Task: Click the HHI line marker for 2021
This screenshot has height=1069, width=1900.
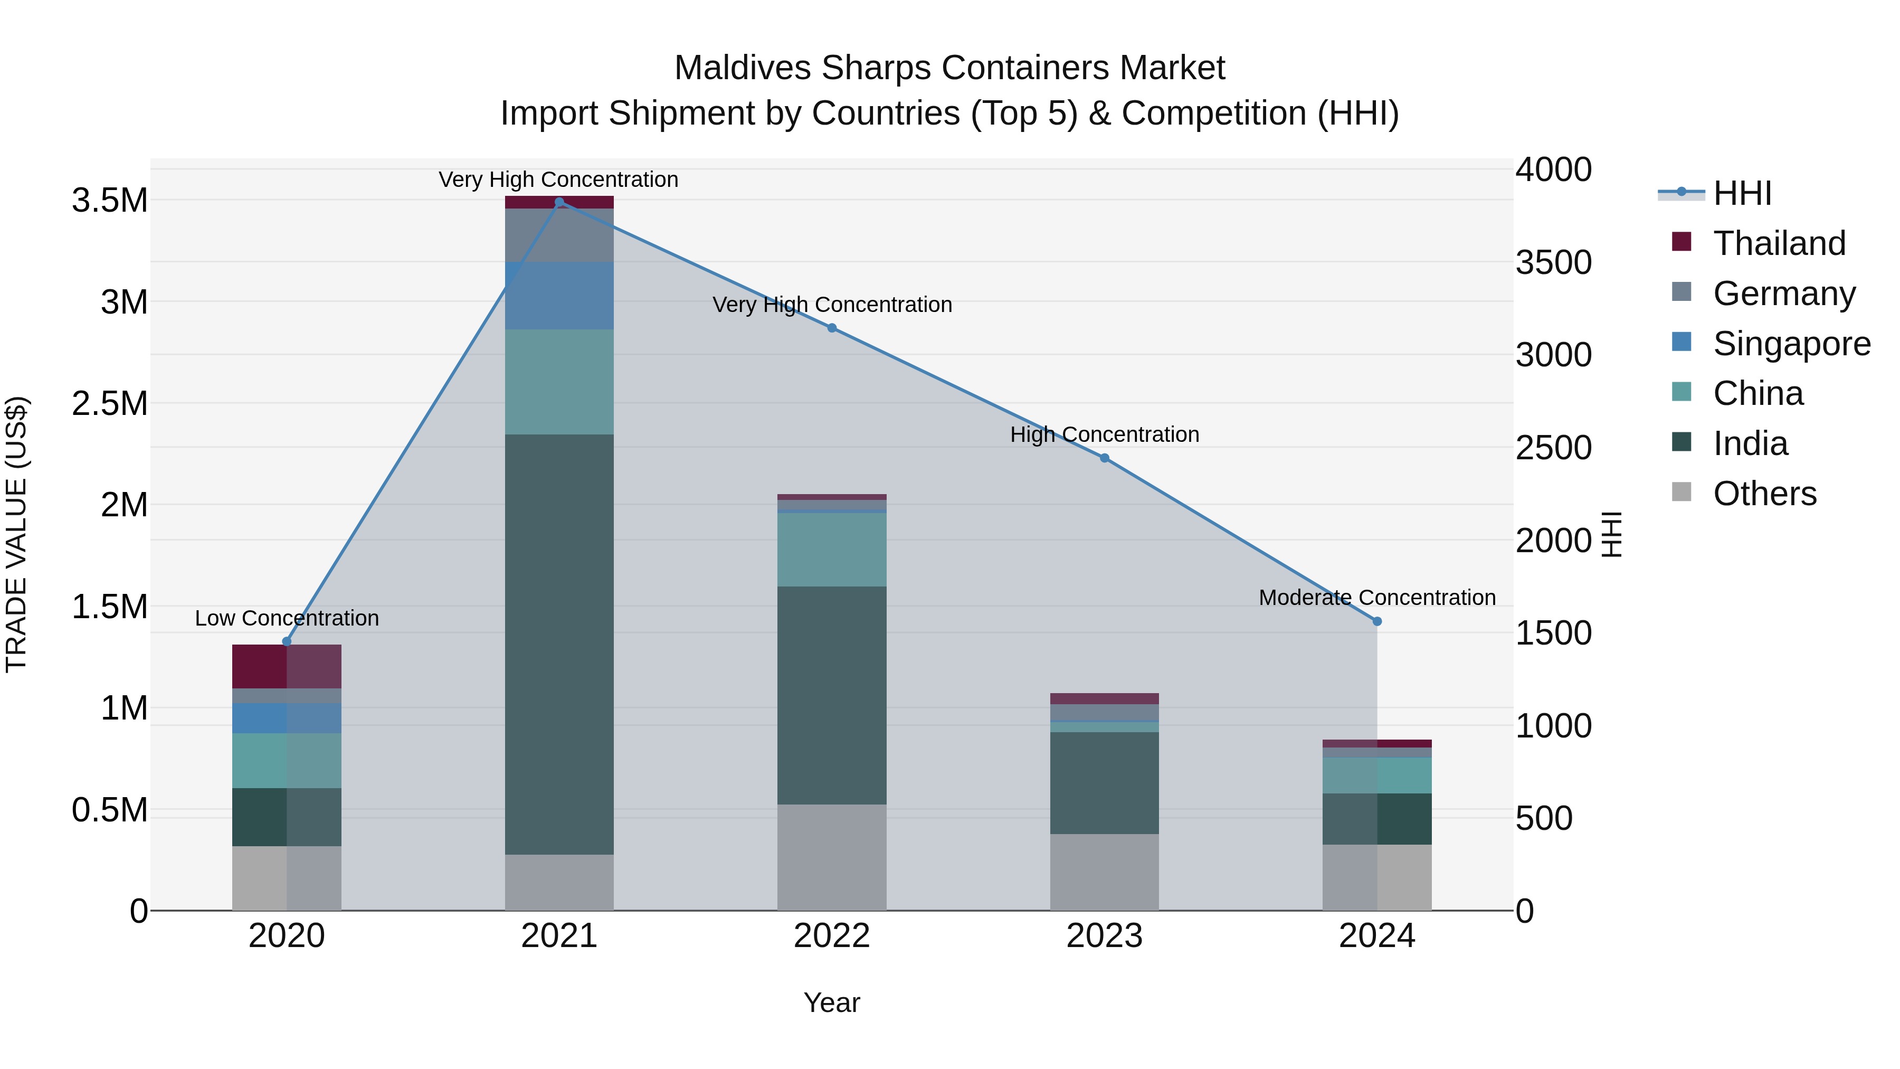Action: (x=559, y=202)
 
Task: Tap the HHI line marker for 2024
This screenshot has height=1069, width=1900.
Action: (x=1376, y=621)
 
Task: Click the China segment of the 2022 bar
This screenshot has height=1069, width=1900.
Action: (x=831, y=550)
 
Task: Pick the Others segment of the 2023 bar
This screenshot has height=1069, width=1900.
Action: (x=1104, y=872)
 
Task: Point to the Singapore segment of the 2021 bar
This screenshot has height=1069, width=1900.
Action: (x=559, y=295)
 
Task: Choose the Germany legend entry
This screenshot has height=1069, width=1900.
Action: (x=1783, y=294)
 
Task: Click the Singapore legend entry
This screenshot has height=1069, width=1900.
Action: (x=1791, y=344)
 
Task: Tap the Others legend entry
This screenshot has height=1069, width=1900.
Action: (x=1764, y=494)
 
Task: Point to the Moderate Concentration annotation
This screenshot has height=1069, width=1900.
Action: (x=1376, y=598)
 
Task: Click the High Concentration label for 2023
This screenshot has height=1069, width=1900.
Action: (x=1104, y=434)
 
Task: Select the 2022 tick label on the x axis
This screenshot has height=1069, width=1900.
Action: (x=831, y=936)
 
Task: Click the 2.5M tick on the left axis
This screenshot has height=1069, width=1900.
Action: (x=109, y=403)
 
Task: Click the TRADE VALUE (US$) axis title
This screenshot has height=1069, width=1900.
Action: (x=16, y=534)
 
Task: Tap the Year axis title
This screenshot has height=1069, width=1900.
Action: (x=831, y=1002)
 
